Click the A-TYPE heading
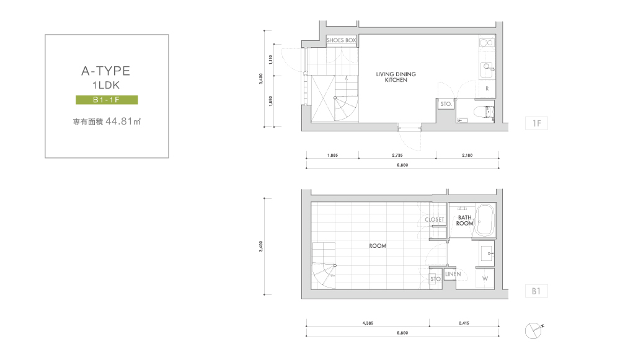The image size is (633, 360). tap(106, 71)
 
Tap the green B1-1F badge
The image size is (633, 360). tap(107, 100)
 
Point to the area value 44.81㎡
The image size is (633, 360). tap(123, 121)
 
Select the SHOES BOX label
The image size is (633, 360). tap(342, 40)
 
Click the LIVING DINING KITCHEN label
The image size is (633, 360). tap(396, 77)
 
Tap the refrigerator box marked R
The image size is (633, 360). tap(487, 89)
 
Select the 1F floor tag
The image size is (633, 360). tap(536, 123)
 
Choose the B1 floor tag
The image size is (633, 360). tap(536, 291)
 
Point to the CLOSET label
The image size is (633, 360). tap(435, 219)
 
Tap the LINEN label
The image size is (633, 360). tap(453, 274)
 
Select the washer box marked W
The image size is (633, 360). tap(485, 278)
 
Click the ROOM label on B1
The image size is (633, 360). tap(378, 246)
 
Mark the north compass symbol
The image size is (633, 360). tap(533, 330)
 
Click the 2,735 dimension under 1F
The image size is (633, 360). tap(397, 155)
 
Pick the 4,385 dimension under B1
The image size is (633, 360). tap(368, 323)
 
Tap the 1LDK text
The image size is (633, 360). tap(106, 85)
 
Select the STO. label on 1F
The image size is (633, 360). tap(446, 104)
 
